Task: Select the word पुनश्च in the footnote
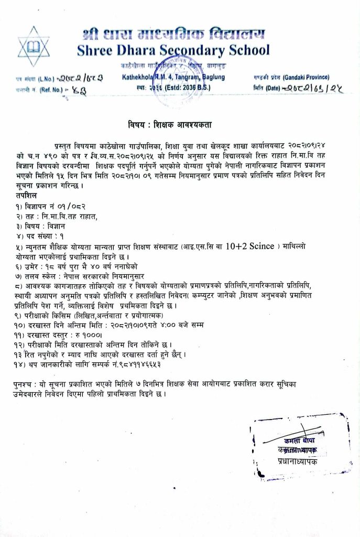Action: pos(25,384)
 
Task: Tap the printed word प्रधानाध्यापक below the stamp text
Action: pos(298,461)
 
